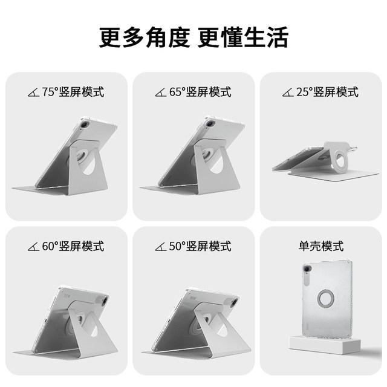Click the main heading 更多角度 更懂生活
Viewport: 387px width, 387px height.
pos(193,37)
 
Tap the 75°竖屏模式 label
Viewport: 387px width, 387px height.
pos(73,92)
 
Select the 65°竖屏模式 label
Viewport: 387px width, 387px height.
pos(200,92)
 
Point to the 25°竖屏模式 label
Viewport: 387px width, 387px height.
pos(327,92)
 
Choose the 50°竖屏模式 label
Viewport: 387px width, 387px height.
pos(200,246)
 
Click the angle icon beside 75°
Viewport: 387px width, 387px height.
pos(33,93)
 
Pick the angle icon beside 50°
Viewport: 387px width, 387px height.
pos(161,247)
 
